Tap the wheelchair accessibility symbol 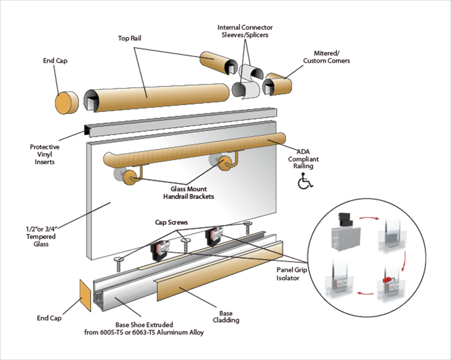click(x=303, y=183)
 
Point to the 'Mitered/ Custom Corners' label click(x=326, y=57)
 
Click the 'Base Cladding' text click(x=225, y=316)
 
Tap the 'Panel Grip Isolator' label click(x=292, y=274)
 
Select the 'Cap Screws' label click(x=187, y=222)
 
